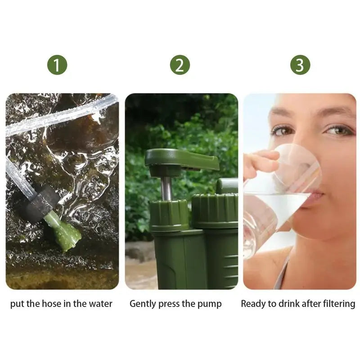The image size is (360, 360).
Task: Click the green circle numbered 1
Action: (x=57, y=65)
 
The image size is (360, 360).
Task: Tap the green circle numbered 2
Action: (x=180, y=65)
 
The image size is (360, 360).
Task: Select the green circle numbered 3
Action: (x=300, y=65)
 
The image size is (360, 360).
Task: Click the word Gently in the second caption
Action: (x=143, y=304)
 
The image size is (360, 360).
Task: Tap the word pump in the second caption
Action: (x=209, y=304)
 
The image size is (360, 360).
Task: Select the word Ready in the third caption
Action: (x=252, y=304)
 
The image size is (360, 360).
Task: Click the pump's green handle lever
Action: (x=182, y=160)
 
